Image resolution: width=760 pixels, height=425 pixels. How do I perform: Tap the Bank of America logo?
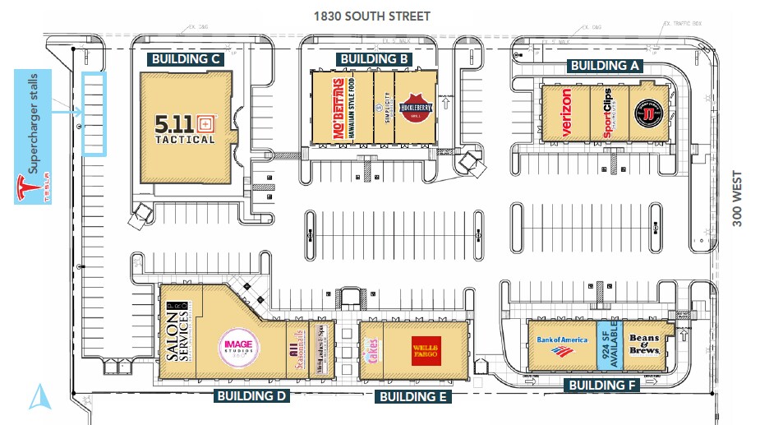(562, 347)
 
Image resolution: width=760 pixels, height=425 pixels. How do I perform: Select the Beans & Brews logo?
(645, 344)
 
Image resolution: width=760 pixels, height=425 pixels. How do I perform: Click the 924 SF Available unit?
(610, 346)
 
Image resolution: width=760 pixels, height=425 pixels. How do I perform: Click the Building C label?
(186, 59)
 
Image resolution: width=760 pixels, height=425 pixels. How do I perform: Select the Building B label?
(375, 59)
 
